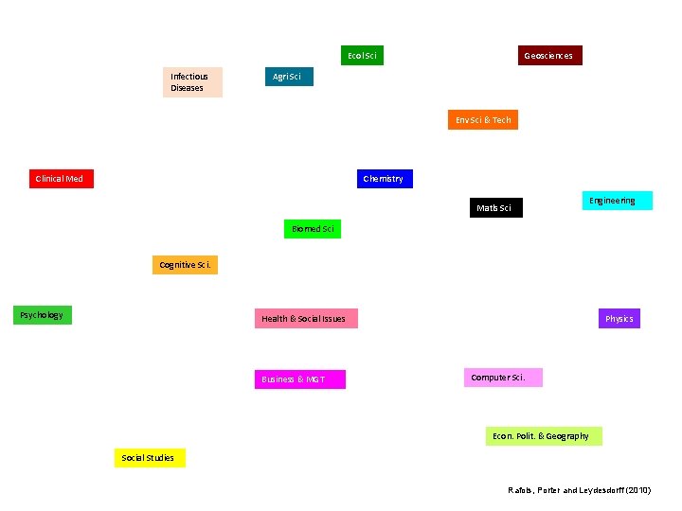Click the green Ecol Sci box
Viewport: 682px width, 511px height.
pos(362,56)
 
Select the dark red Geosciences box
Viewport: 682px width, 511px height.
pos(549,56)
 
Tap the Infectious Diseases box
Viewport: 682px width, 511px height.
pos(192,82)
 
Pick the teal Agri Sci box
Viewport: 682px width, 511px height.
pos(287,77)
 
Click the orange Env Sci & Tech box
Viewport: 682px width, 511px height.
pos(483,120)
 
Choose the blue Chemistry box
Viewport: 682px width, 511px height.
pos(385,179)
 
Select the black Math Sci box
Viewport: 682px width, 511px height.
pos(494,207)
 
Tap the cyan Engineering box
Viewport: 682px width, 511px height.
pos(617,201)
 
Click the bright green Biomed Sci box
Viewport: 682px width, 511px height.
pos(312,229)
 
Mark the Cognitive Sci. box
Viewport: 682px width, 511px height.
pos(185,265)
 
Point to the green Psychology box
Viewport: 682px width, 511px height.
pos(43,315)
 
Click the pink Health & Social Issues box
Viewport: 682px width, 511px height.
pos(305,319)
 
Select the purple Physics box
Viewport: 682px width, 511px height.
pos(619,319)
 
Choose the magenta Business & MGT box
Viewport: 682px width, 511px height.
pos(299,379)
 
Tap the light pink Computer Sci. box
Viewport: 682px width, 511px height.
pos(503,378)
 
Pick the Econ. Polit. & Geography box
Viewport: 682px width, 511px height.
pos(544,436)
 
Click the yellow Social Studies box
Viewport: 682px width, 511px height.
pos(150,458)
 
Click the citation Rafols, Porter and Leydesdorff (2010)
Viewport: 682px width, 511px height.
pos(580,489)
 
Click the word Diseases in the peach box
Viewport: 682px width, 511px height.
pos(188,88)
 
